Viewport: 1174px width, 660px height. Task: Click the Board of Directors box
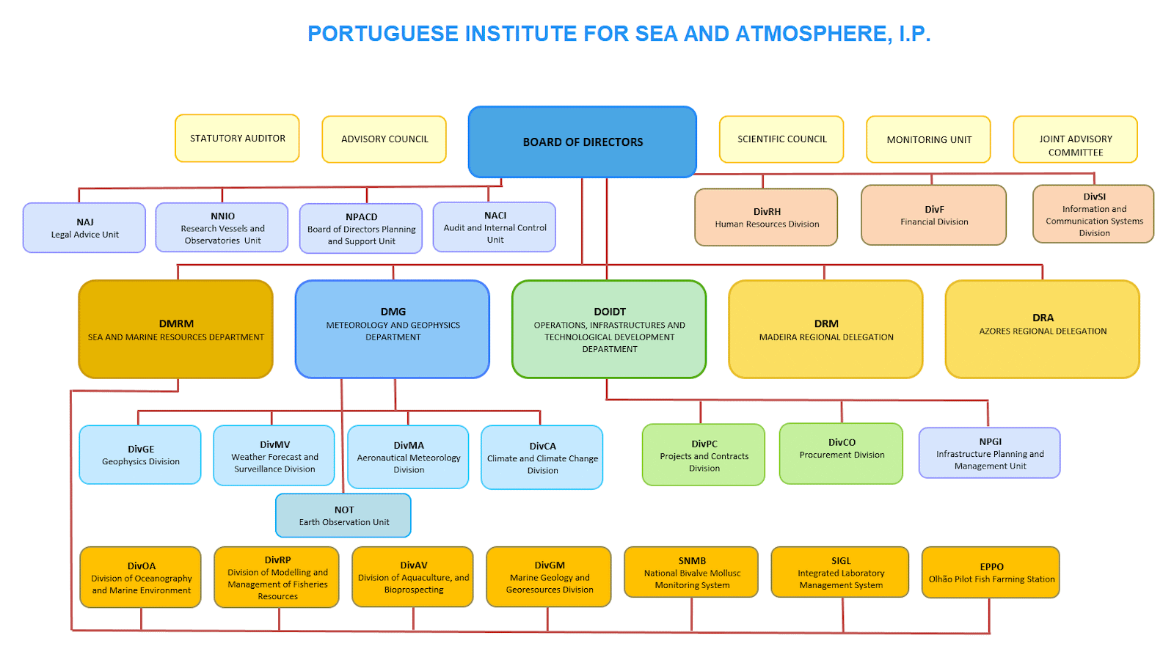click(x=583, y=142)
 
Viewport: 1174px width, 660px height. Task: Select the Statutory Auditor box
click(x=238, y=139)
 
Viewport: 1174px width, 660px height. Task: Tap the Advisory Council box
click(x=384, y=139)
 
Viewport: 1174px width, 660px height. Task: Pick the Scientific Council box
click(x=781, y=139)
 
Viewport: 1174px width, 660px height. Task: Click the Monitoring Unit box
click(x=929, y=139)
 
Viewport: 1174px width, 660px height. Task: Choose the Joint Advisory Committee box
click(x=1076, y=139)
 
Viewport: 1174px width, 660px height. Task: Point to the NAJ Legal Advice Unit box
click(x=84, y=228)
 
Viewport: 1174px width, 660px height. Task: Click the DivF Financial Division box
click(x=934, y=215)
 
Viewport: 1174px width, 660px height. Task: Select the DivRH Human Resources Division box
click(x=766, y=217)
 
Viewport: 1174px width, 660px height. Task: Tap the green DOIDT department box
click(x=609, y=329)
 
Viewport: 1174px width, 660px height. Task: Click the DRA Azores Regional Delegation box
click(x=1043, y=329)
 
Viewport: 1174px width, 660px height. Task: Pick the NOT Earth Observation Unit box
click(x=343, y=516)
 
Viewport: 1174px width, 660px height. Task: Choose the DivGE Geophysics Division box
click(x=140, y=455)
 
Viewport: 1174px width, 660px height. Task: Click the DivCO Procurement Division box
click(x=841, y=454)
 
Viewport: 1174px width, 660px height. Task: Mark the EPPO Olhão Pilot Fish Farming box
click(x=991, y=573)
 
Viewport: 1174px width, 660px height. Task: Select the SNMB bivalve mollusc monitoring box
click(x=691, y=572)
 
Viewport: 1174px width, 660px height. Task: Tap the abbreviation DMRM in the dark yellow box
click(x=176, y=323)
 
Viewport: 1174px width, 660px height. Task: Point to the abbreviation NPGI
click(x=990, y=441)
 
